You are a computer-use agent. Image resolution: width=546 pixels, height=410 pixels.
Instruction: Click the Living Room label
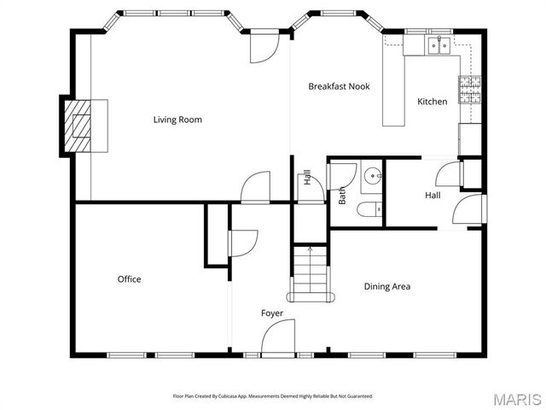coord(177,120)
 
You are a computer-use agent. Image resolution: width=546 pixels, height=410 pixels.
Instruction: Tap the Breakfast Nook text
coord(339,86)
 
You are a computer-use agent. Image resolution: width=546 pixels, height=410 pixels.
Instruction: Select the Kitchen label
coord(432,102)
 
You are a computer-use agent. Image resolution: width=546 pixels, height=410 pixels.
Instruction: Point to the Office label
coord(129,279)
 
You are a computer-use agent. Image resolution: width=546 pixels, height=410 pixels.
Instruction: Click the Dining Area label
coord(387,286)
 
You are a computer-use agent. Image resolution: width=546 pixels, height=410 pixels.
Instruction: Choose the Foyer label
coord(271,313)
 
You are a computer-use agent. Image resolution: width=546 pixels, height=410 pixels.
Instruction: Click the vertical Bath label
coord(342,196)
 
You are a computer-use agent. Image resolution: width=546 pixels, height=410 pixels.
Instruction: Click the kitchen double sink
coord(440,46)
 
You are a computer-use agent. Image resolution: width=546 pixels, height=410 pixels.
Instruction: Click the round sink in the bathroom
coord(373,177)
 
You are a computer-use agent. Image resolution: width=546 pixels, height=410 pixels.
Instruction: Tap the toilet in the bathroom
coord(369,210)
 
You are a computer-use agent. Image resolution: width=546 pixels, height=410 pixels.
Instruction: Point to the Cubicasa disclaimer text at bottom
coord(273,396)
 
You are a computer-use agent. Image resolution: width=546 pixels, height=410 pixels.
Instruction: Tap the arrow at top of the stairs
coord(310,249)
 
